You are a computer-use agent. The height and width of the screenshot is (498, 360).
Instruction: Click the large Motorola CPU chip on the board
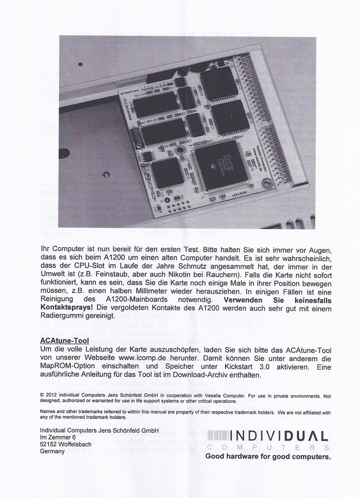[219, 166]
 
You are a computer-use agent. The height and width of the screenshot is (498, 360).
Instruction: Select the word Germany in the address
[53, 451]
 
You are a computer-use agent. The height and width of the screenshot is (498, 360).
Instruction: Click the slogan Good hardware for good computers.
[268, 456]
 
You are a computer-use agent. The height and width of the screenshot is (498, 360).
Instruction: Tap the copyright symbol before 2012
[42, 395]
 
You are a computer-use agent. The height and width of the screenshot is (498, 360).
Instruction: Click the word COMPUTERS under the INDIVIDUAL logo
[268, 447]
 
